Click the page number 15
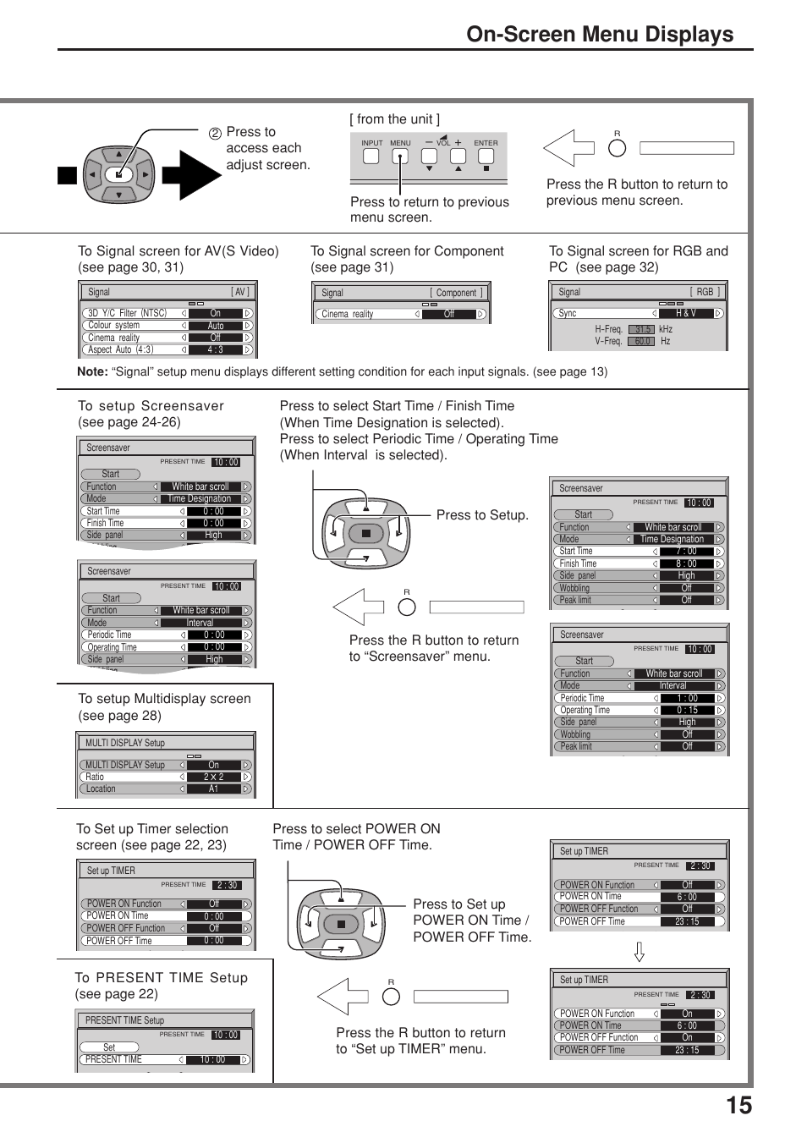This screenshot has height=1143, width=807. (738, 1106)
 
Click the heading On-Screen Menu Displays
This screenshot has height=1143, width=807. (600, 34)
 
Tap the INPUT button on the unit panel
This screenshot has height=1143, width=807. (371, 157)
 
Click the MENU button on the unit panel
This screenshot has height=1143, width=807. (400, 157)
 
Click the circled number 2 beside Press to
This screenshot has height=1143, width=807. (215, 134)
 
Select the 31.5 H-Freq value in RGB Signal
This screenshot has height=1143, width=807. (642, 330)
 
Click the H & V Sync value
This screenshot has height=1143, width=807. (685, 313)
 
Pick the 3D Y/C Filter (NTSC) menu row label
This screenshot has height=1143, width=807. (128, 313)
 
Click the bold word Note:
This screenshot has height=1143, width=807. (92, 371)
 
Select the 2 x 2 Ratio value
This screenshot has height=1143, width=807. (213, 777)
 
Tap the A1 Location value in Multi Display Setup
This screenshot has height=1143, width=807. (213, 789)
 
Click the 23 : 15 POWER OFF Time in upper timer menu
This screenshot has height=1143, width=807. (687, 921)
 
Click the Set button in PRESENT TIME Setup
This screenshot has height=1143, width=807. (109, 1047)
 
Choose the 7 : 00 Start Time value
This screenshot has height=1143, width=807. (686, 551)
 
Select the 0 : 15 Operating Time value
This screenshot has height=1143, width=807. (687, 710)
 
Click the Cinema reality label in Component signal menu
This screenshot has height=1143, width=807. (348, 314)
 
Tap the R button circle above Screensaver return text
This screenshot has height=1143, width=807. (407, 607)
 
